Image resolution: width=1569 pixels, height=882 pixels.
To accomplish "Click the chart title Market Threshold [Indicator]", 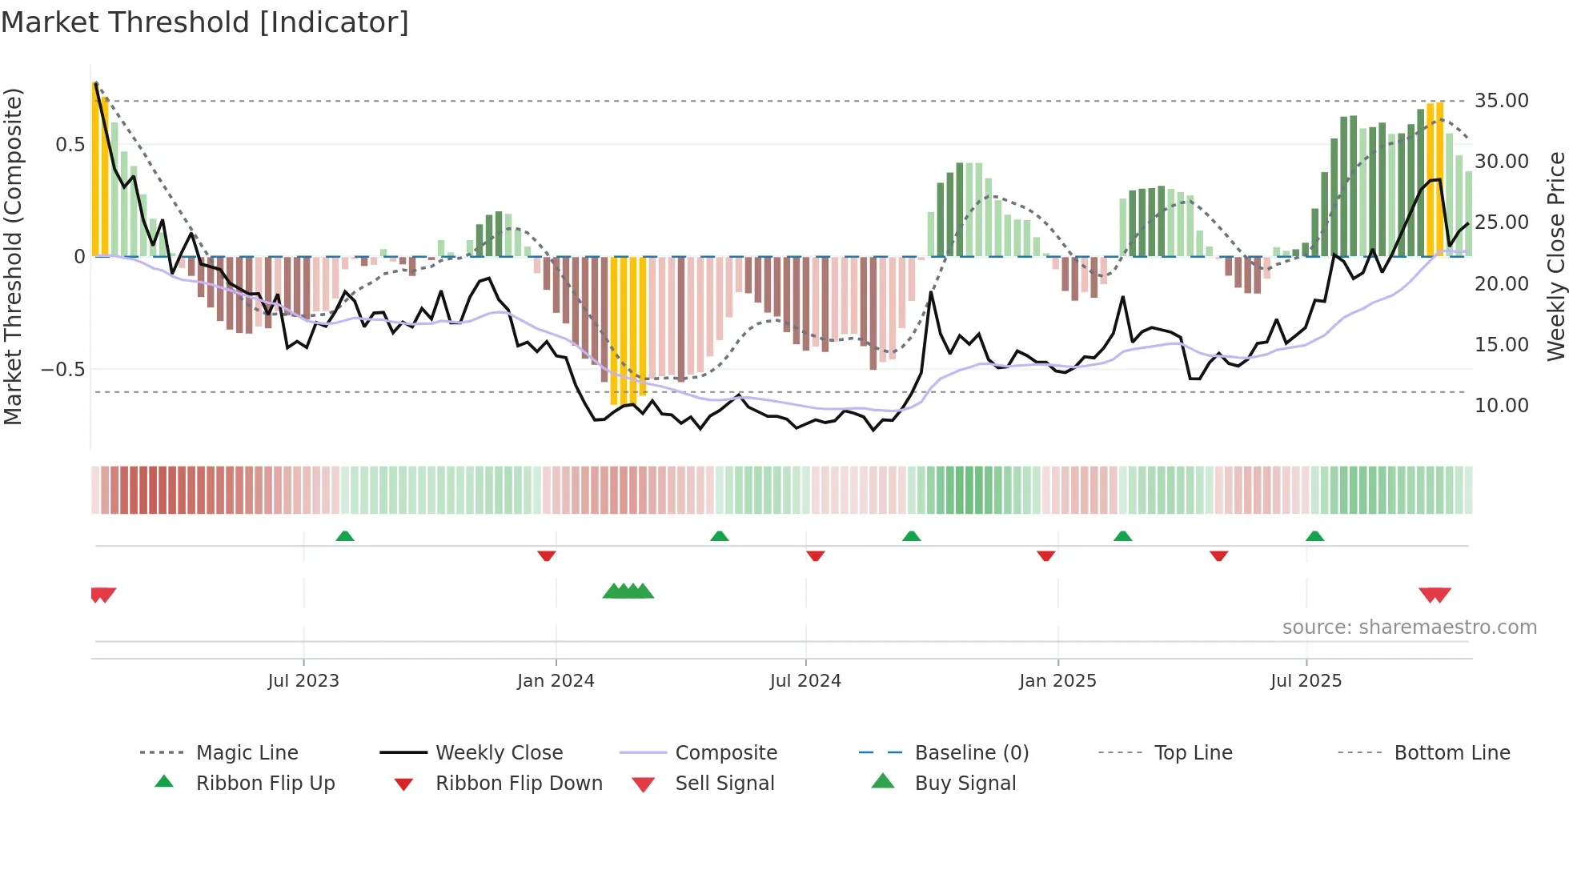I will [x=205, y=22].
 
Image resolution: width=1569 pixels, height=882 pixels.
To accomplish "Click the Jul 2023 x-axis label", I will [x=303, y=681].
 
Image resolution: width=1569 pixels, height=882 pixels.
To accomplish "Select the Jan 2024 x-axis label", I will [x=556, y=681].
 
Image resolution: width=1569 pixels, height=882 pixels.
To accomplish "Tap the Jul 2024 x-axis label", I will [x=805, y=681].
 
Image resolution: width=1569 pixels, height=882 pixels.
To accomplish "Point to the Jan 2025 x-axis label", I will [x=1057, y=681].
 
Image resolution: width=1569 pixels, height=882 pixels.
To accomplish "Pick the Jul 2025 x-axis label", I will [x=1306, y=681].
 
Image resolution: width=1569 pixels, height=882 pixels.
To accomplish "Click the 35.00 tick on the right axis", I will [x=1501, y=101].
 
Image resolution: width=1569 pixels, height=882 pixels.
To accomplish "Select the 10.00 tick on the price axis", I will [x=1501, y=406].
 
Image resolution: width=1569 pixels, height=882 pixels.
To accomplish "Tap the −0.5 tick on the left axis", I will [x=63, y=370].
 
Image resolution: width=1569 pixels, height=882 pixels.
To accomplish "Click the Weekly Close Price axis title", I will [x=1555, y=256].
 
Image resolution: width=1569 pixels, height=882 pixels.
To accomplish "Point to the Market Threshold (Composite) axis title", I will [x=13, y=256].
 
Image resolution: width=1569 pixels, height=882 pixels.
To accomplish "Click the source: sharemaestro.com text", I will [x=1409, y=627].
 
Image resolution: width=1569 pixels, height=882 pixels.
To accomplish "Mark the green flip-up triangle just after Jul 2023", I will [x=345, y=536].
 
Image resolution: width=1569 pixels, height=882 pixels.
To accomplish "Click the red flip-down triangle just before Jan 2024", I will [x=547, y=555].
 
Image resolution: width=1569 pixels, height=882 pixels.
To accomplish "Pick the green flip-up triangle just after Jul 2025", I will [x=1314, y=536].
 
